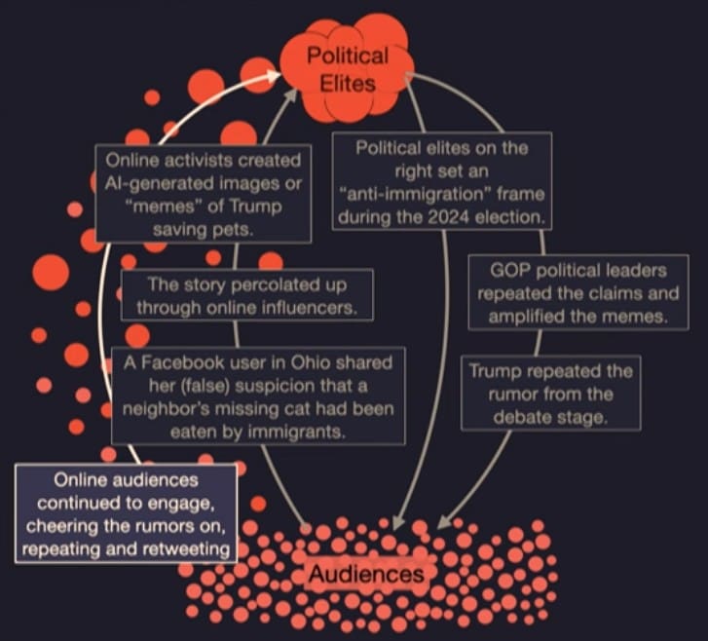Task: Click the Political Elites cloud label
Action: [347, 69]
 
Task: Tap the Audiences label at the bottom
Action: [366, 575]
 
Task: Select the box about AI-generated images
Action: [204, 193]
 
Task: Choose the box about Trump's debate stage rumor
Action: [550, 393]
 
